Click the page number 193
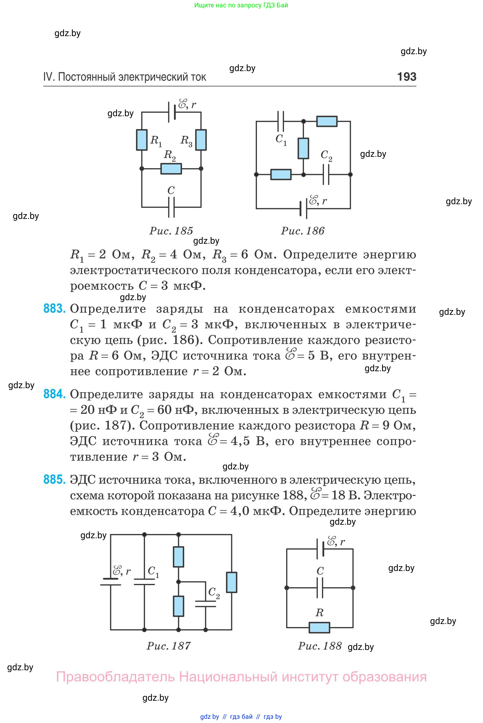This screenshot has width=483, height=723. click(407, 76)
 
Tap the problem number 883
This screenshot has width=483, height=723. click(54, 309)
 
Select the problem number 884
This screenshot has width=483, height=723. click(54, 394)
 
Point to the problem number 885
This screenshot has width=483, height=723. click(54, 480)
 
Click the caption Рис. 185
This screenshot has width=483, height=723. click(171, 231)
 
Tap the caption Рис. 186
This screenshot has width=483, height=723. click(303, 231)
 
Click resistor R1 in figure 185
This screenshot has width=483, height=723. click(142, 140)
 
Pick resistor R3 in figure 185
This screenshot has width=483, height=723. click(201, 140)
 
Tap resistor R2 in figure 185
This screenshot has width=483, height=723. click(171, 169)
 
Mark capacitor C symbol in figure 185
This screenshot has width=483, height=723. click(171, 207)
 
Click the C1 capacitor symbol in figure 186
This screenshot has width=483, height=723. click(280, 121)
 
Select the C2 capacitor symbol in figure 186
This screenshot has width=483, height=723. click(326, 174)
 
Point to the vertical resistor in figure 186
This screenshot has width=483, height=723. click(303, 148)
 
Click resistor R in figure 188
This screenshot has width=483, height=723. click(319, 627)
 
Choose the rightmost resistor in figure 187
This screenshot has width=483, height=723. click(232, 583)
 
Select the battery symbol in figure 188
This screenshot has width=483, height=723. click(320, 549)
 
